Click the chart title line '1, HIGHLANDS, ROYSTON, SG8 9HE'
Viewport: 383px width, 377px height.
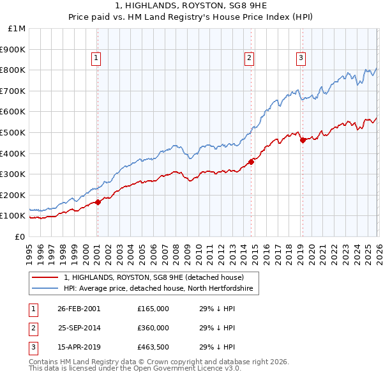click(x=191, y=7)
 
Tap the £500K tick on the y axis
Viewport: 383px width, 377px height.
click(x=13, y=132)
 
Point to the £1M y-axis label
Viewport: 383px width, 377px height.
click(x=17, y=29)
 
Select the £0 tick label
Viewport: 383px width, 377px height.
click(x=19, y=236)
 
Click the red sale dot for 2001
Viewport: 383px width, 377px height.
click(x=98, y=202)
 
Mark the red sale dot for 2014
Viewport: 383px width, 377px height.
click(x=252, y=162)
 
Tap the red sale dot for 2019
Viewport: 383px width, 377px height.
click(x=303, y=140)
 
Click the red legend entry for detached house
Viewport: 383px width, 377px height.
click(x=153, y=277)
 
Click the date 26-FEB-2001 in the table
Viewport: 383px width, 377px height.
click(x=79, y=309)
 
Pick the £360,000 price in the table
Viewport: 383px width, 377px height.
click(x=153, y=328)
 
